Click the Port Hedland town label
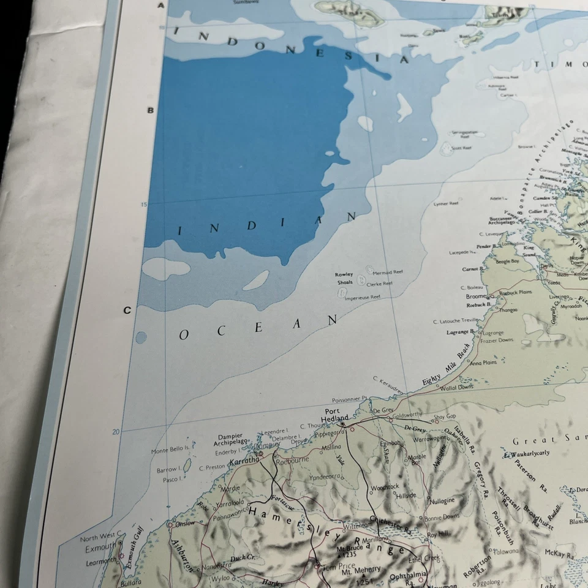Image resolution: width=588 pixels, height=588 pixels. pos(336,415)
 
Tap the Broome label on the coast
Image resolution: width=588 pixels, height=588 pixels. pos(477,296)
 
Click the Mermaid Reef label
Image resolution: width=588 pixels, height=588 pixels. pos(388,272)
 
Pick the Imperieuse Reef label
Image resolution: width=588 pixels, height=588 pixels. pos(362,296)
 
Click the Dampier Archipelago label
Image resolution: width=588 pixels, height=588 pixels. pos(232,439)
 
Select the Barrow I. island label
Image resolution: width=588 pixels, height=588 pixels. pos(168,469)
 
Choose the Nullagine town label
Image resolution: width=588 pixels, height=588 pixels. pos(441,500)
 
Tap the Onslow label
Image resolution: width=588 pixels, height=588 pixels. pos(185,523)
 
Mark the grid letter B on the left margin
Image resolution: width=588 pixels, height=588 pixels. pos(149,110)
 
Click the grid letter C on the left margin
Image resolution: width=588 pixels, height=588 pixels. pos(127,310)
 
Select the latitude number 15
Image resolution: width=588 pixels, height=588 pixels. pos(145,205)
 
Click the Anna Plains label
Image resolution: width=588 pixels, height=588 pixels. pos(483,363)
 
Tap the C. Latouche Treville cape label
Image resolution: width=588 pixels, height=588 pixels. pos(456,320)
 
